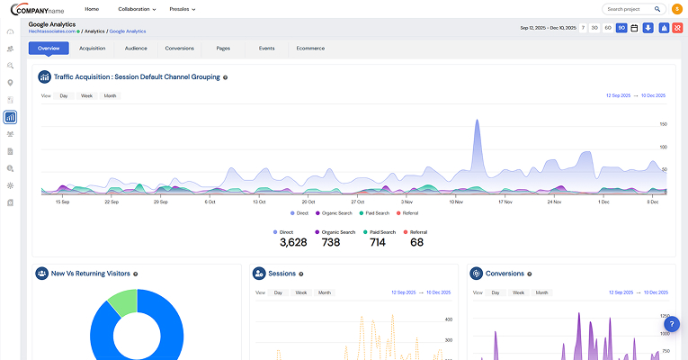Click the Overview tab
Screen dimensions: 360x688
point(49,48)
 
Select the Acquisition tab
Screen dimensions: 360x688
point(92,48)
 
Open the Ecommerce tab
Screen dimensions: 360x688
point(311,48)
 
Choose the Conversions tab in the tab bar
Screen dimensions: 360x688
point(180,48)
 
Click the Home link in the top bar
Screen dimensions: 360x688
point(92,9)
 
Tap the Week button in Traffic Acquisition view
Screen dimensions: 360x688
point(86,95)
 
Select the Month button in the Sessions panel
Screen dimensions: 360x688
point(324,292)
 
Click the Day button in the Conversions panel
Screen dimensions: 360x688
point(494,292)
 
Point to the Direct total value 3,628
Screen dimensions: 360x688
point(293,242)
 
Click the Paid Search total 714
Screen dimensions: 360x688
point(377,242)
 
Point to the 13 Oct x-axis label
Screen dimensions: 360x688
point(259,202)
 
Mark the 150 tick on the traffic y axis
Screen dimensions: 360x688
point(663,124)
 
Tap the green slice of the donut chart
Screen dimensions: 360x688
point(124,302)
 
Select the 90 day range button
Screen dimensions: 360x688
point(621,28)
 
